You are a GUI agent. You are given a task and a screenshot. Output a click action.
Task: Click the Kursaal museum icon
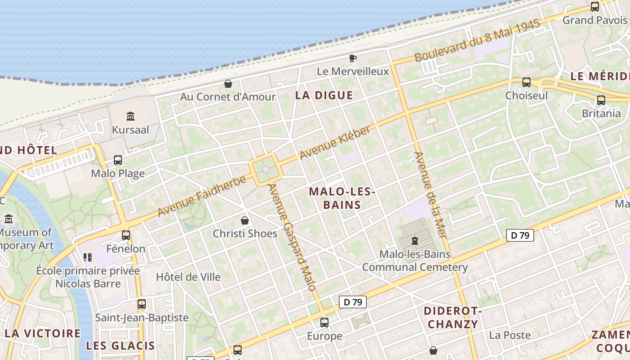tap(130, 117)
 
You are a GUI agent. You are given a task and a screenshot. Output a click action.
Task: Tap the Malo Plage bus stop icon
tap(118, 160)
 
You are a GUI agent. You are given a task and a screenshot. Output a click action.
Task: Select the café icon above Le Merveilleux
tap(353, 58)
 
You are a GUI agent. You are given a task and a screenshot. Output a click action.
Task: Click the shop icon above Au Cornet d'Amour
tap(228, 84)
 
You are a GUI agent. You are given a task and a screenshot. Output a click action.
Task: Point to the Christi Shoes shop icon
tap(245, 220)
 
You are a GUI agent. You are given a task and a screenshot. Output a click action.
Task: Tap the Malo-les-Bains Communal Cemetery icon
tap(415, 241)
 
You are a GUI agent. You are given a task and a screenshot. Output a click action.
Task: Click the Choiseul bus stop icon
tap(526, 82)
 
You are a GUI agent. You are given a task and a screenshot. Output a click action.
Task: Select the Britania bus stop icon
tap(601, 100)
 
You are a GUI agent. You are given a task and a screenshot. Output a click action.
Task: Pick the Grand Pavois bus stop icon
tap(594, 7)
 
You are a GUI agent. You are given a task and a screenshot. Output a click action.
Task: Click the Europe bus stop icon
tap(324, 323)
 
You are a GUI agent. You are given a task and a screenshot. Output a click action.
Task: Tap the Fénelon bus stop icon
tap(126, 235)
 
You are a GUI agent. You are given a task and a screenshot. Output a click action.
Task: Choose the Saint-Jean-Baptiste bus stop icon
tap(142, 304)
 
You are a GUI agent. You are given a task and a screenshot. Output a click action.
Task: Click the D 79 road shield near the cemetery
tap(520, 235)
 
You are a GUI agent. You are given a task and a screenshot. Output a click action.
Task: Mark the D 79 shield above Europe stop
tap(352, 302)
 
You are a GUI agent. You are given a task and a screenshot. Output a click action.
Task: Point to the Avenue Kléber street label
tap(335, 142)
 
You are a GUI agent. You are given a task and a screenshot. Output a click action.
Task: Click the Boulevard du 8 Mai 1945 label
tap(477, 41)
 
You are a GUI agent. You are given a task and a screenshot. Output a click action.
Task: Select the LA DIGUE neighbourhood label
tap(324, 95)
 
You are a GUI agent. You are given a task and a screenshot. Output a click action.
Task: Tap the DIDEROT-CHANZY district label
tap(453, 318)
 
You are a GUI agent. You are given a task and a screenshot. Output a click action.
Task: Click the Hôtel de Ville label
tap(188, 277)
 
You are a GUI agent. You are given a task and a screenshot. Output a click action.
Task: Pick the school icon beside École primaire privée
tap(87, 257)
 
